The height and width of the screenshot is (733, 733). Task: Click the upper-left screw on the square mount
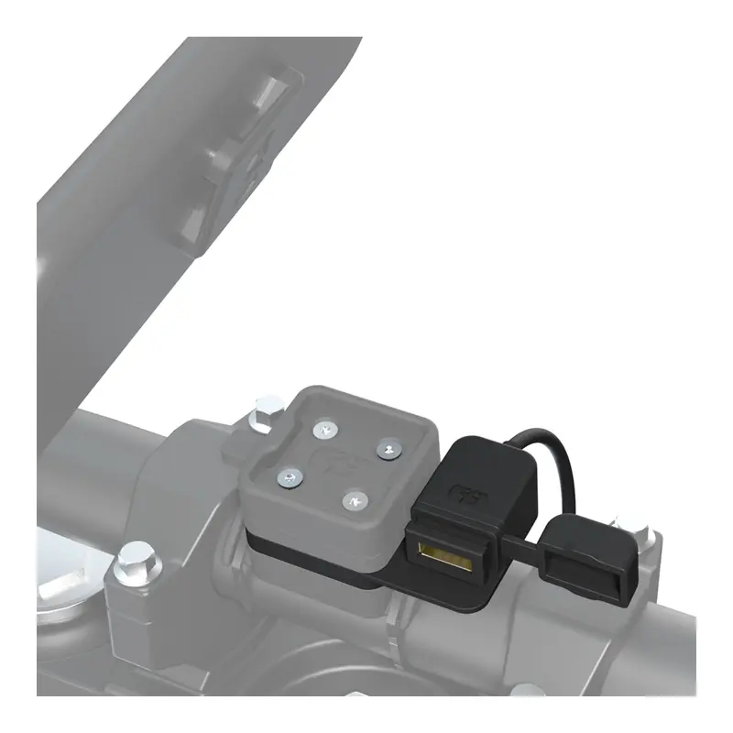point(323,429)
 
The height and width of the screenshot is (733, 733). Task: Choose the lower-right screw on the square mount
point(355,500)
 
